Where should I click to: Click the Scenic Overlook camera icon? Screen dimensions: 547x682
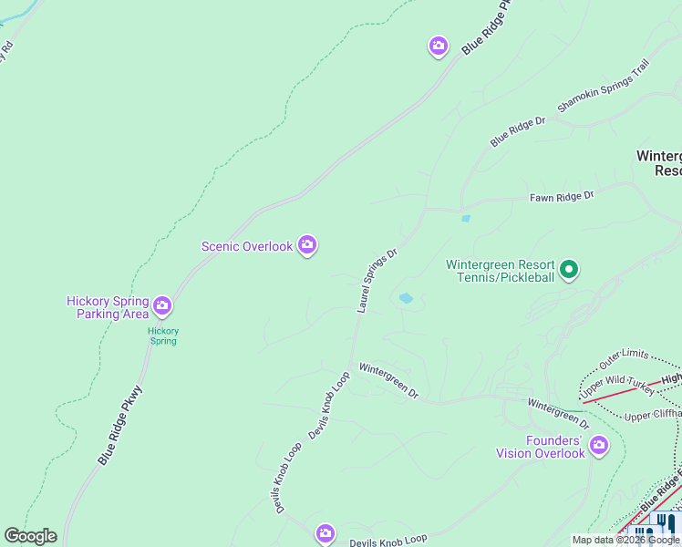click(x=307, y=245)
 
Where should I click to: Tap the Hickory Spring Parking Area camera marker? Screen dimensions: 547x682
click(x=162, y=304)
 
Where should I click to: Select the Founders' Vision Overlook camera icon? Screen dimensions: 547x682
click(x=599, y=445)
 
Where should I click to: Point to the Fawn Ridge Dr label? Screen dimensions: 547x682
click(x=562, y=196)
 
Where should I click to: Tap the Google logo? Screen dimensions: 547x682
click(x=30, y=536)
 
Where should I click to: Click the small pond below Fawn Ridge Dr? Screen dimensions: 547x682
click(x=466, y=219)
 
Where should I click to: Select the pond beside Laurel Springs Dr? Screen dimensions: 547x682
click(x=405, y=298)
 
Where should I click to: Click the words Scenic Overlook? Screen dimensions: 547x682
click(x=247, y=246)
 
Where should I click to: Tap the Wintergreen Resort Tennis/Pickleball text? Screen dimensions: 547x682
click(x=500, y=271)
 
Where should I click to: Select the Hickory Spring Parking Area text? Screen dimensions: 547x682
click(x=108, y=307)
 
